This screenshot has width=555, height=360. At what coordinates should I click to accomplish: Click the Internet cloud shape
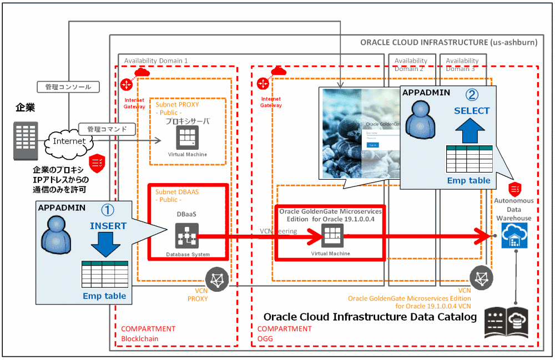click(70, 141)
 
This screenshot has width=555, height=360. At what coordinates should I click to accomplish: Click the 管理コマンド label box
click(107, 129)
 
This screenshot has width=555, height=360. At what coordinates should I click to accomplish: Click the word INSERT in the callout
click(108, 226)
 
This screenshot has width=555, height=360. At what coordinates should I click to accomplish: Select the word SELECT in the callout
click(472, 110)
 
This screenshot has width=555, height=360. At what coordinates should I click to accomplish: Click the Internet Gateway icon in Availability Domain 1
click(126, 85)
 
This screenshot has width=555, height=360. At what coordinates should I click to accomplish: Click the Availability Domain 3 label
click(462, 64)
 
